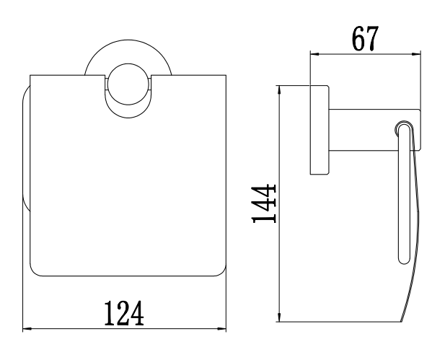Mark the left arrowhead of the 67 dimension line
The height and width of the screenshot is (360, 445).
313,53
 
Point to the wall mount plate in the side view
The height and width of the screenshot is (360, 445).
318,131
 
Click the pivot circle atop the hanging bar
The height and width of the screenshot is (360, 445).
403,129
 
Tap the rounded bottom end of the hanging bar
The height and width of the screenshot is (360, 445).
403,258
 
